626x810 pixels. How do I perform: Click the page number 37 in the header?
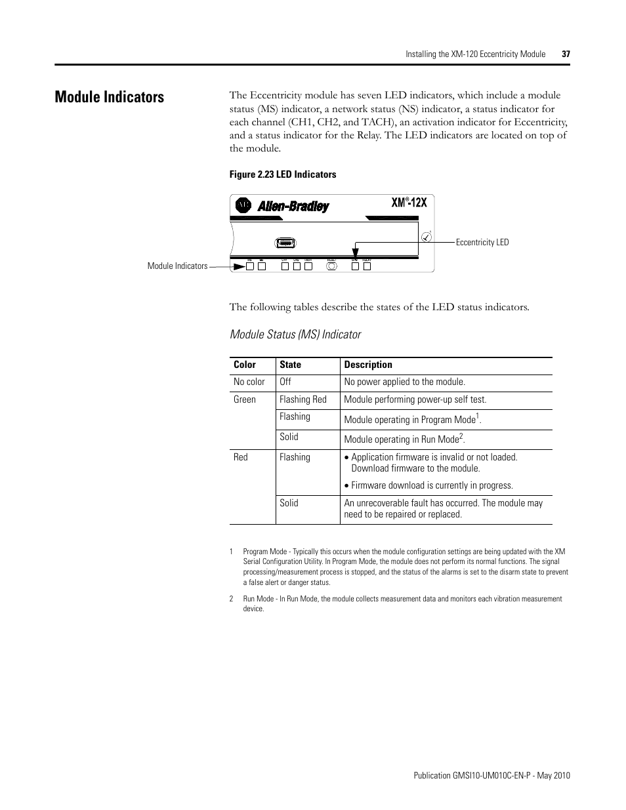566,54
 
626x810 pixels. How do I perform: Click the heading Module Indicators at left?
110,97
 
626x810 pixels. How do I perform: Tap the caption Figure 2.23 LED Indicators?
282,174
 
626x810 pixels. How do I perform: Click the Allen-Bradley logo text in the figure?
293,207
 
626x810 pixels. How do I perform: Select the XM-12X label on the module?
409,203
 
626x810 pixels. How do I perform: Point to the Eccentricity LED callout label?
482,243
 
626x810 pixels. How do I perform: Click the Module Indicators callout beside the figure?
177,266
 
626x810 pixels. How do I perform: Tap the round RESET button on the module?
331,266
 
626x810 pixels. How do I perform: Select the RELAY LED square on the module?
367,266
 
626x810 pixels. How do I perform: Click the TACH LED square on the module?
308,266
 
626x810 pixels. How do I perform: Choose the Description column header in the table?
368,365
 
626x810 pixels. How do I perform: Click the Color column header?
245,365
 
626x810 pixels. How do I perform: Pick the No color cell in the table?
249,382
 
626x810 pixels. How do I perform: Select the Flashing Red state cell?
303,400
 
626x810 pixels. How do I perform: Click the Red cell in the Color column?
241,458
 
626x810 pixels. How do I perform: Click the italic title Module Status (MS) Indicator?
295,335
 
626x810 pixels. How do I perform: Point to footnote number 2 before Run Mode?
232,599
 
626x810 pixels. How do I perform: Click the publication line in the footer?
491,776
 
